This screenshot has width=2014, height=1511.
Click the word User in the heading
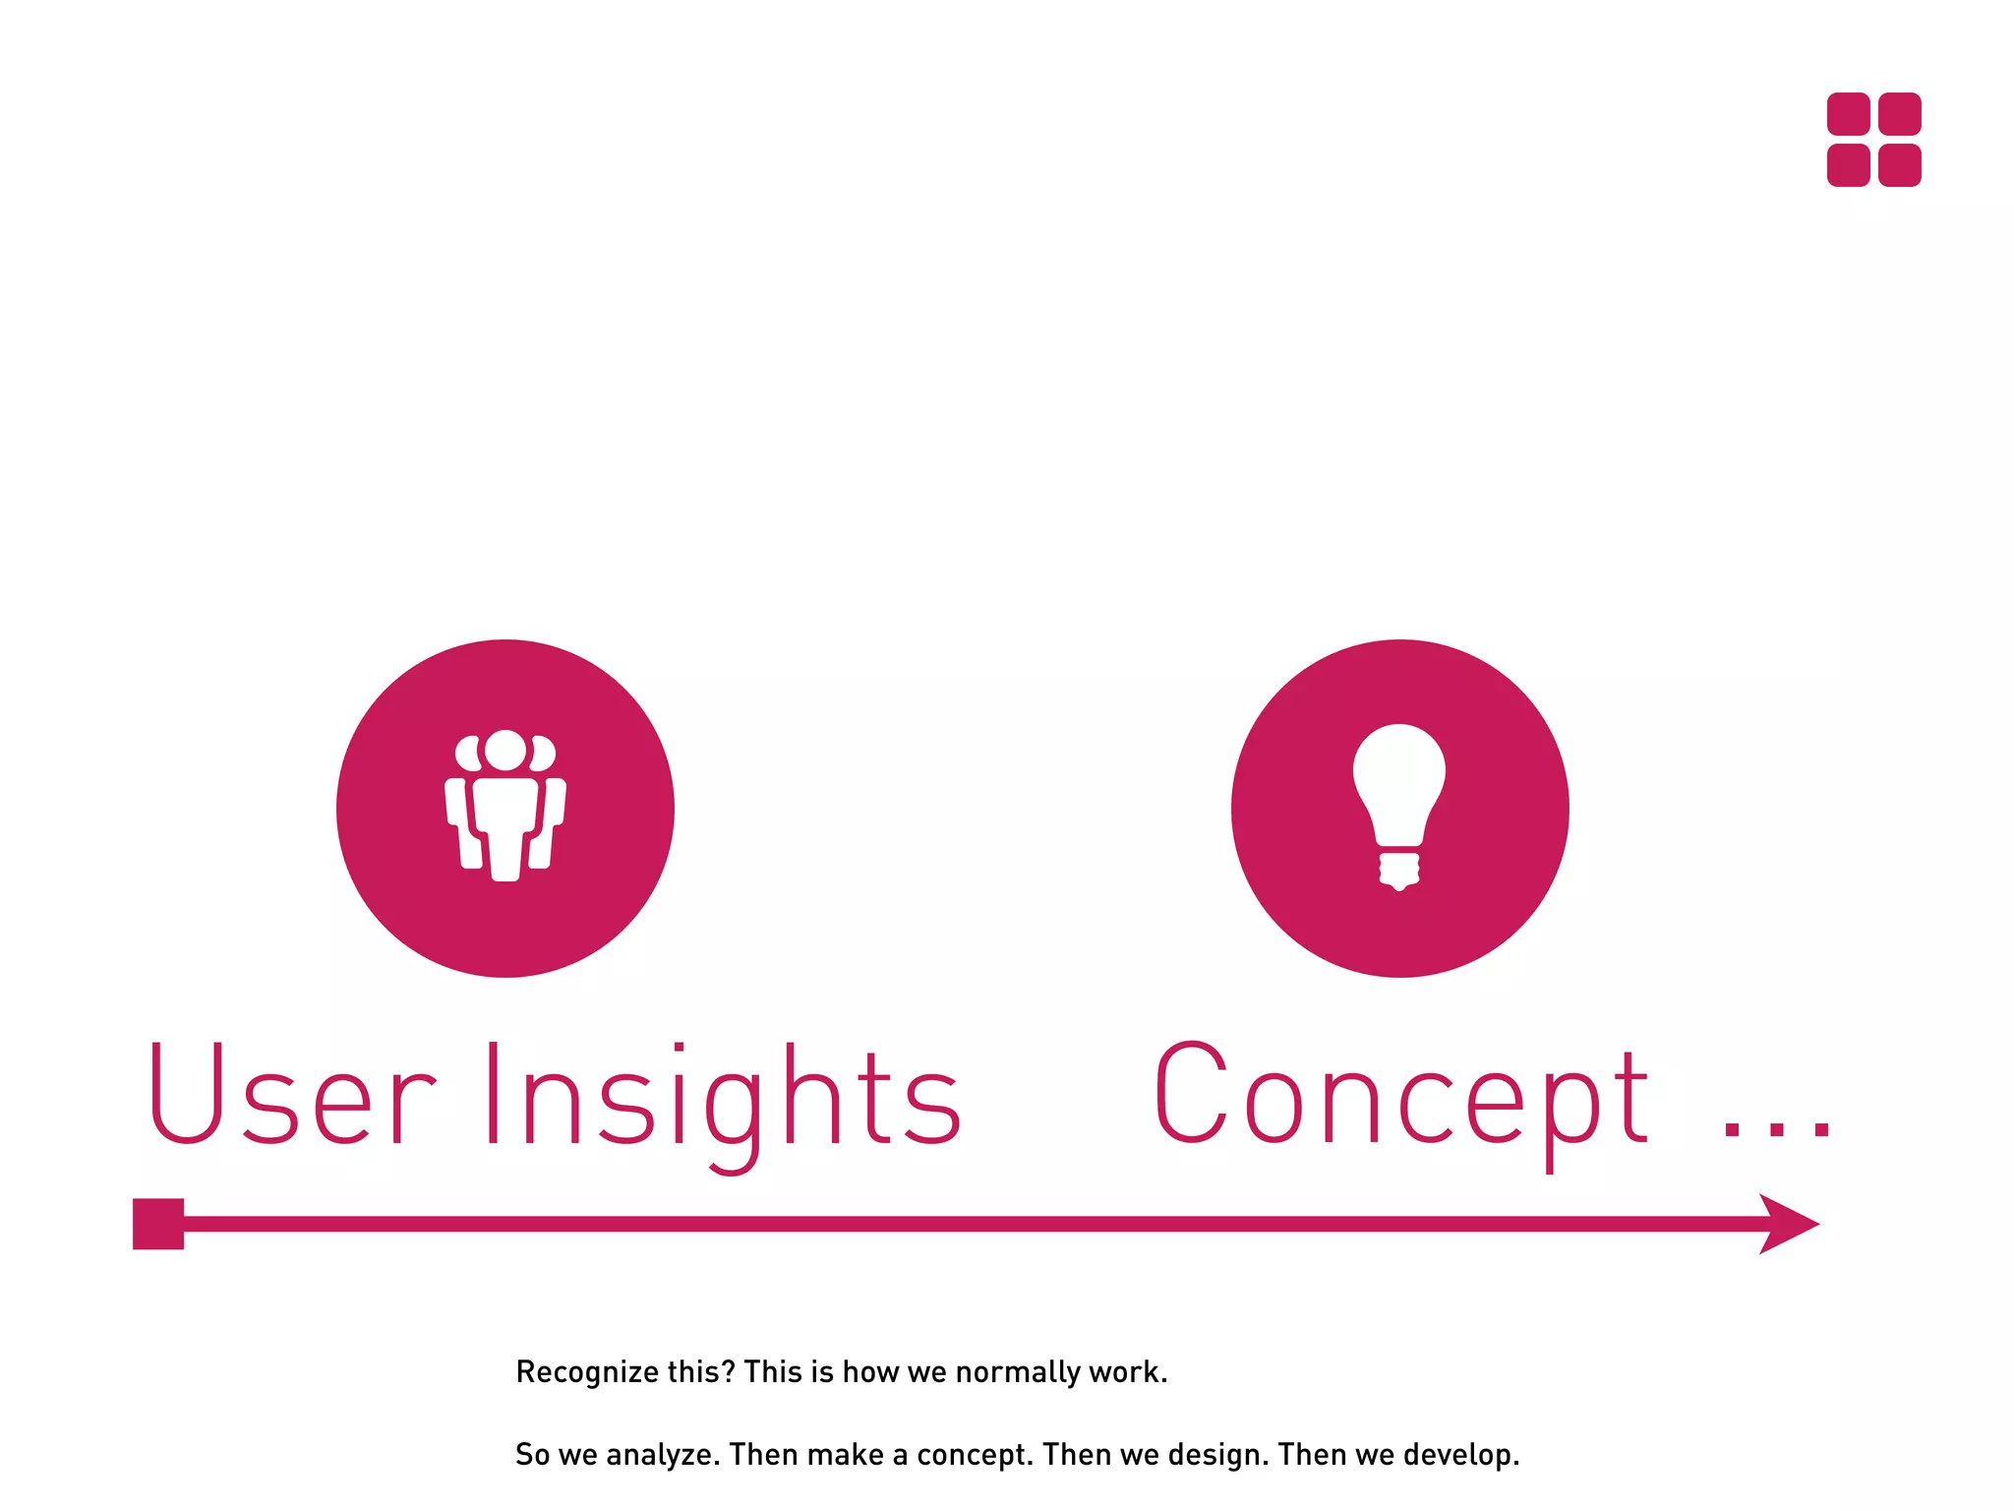[x=290, y=1095]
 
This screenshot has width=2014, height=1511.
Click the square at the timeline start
[x=158, y=1224]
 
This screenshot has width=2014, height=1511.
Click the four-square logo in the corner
[x=1873, y=140]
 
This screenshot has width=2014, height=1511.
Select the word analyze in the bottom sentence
[x=658, y=1455]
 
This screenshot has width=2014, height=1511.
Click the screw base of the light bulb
[x=1399, y=870]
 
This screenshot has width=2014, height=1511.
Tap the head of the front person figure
[x=505, y=751]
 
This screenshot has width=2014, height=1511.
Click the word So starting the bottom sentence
[x=532, y=1455]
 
